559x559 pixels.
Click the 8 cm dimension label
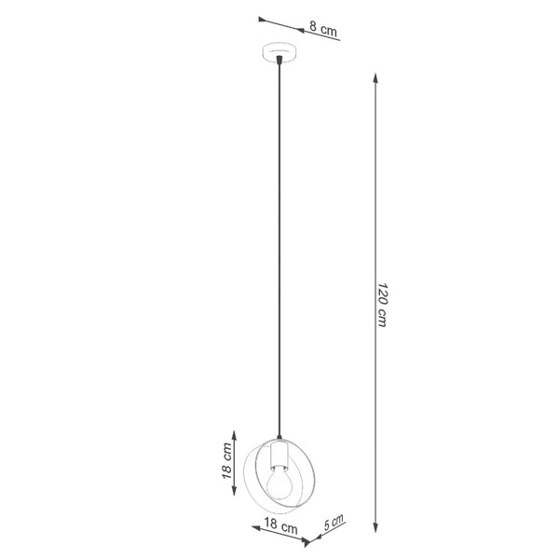[x=322, y=31]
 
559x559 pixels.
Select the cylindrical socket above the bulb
[x=277, y=456]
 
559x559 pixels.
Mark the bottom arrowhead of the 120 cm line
[x=375, y=528]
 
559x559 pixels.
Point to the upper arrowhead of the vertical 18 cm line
[x=236, y=433]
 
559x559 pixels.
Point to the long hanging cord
[x=278, y=252]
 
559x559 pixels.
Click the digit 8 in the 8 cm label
[x=313, y=30]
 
